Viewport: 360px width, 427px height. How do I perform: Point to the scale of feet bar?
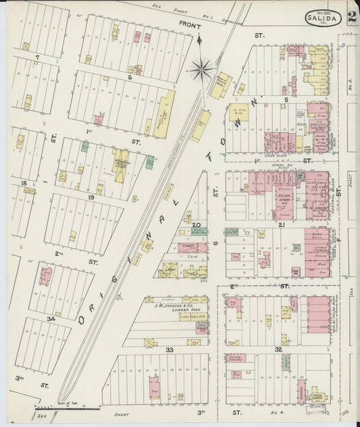pos(68,408)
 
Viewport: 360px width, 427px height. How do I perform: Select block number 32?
pos(278,349)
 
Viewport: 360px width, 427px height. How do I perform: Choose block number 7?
pos(38,57)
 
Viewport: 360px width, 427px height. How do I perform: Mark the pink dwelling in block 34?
pos(46,276)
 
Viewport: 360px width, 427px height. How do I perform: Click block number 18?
pos(24,183)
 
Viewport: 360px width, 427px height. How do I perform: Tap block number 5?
pos(286,99)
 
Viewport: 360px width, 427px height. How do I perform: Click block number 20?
pos(197,225)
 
